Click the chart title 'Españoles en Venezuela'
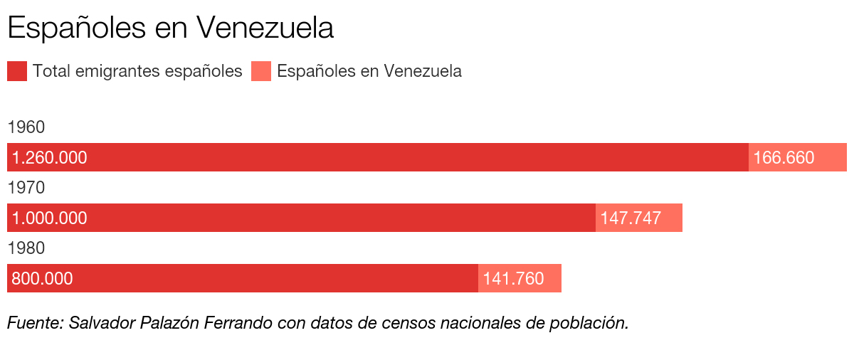click(x=171, y=28)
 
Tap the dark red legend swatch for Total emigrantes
click(x=17, y=71)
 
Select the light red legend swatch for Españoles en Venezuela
click(x=261, y=71)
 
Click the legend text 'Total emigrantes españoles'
click(x=137, y=71)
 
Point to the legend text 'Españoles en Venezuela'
click(x=369, y=71)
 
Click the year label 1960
click(x=26, y=127)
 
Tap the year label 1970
click(x=26, y=188)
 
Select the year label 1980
click(x=26, y=248)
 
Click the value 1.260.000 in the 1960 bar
click(x=50, y=158)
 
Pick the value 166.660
click(x=784, y=158)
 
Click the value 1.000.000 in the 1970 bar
click(x=50, y=218)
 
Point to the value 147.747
click(x=631, y=218)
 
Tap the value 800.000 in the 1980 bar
click(x=42, y=279)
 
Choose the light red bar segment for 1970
click(x=673, y=218)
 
